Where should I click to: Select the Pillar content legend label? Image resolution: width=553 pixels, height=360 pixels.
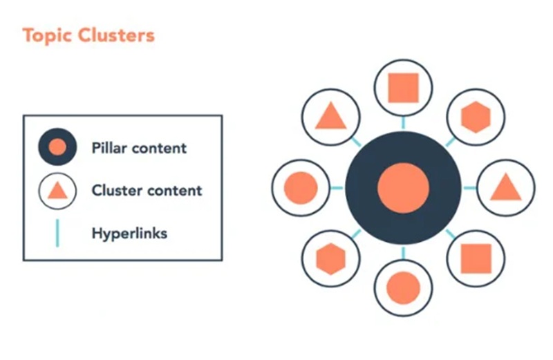coord(139,147)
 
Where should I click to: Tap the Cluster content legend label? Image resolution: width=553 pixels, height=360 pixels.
coord(147,190)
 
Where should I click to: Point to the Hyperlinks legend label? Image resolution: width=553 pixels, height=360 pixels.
coord(129,233)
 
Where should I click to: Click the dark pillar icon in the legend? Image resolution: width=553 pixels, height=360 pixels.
coord(58,147)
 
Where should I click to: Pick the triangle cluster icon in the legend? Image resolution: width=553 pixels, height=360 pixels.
coord(58,190)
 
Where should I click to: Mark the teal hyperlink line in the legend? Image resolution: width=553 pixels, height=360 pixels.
coord(57,233)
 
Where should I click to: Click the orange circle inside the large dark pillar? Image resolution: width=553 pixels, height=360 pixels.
coord(403,188)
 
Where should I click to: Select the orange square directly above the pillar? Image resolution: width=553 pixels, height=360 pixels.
coord(403,88)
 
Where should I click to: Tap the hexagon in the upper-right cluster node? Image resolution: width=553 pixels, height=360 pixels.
coord(475,117)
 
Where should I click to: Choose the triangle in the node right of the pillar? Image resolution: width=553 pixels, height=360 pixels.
coord(505,187)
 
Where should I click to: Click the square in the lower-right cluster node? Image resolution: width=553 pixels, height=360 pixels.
coord(475,258)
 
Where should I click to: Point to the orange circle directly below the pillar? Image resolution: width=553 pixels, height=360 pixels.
coord(403,287)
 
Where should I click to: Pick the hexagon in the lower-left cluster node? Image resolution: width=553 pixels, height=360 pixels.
coord(330,258)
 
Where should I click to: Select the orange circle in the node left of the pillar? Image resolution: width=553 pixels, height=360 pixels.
coord(301,187)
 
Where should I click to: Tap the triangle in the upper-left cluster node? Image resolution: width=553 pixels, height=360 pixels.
coord(330,117)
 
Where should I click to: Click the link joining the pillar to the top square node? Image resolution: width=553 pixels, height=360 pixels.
coord(403,123)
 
